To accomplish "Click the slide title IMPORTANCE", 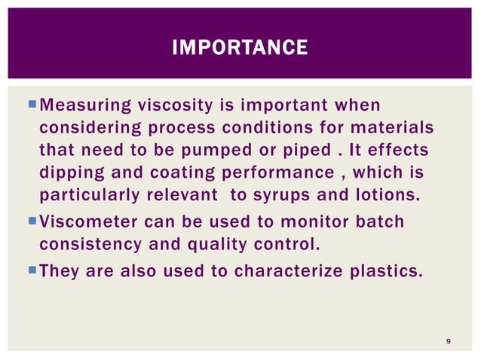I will (240, 49).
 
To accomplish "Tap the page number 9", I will (449, 343).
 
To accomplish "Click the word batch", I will (379, 222).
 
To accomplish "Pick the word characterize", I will (284, 270).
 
